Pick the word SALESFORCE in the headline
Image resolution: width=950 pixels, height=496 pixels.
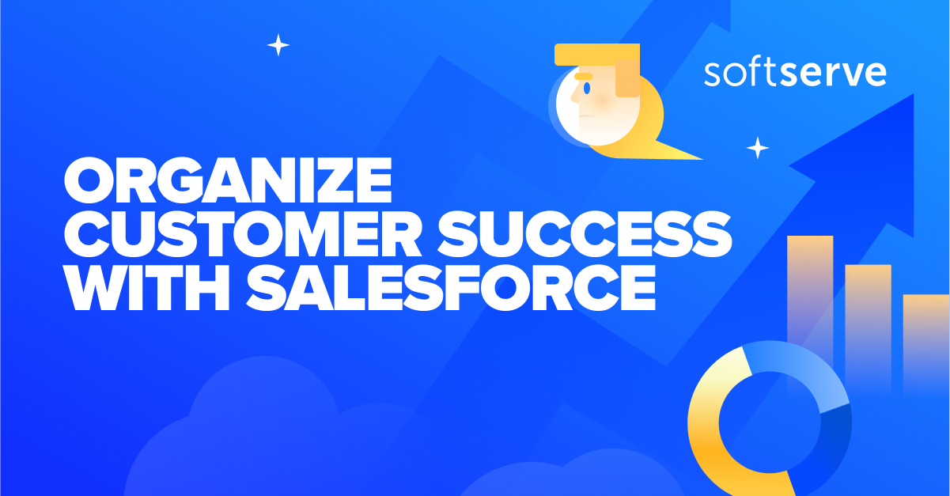tap(452, 289)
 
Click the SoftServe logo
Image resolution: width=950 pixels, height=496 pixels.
tap(794, 74)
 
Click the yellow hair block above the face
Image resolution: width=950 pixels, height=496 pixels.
tap(585, 55)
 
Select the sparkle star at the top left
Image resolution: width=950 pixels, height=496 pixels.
tap(278, 45)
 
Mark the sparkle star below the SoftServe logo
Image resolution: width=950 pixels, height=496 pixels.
tap(758, 148)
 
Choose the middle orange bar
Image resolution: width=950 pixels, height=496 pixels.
tap(868, 316)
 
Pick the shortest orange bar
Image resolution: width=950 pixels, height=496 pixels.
tap(925, 332)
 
